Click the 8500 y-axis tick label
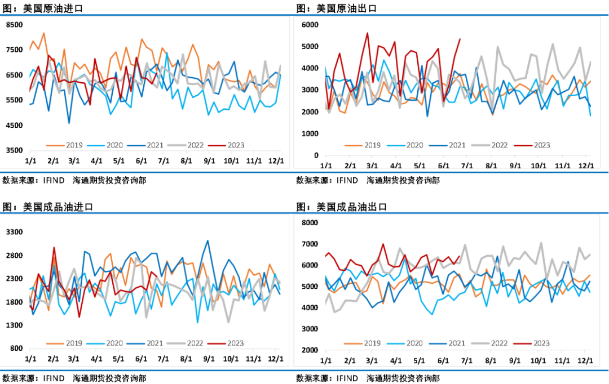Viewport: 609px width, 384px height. pyautogui.click(x=14, y=25)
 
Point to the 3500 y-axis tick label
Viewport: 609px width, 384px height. pyautogui.click(x=14, y=150)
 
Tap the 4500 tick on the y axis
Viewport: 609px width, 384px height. pyautogui.click(x=14, y=125)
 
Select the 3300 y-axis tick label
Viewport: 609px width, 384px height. pyautogui.click(x=14, y=232)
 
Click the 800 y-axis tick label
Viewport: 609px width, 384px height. pyautogui.click(x=16, y=348)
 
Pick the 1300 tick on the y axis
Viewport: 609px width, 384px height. pyautogui.click(x=14, y=325)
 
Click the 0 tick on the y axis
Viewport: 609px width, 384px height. pyautogui.click(x=317, y=155)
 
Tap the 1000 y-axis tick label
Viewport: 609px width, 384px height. pyautogui.click(x=311, y=133)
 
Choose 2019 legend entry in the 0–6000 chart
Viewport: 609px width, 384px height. pyautogui.click(x=371, y=145)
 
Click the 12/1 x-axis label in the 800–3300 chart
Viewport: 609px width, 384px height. pyautogui.click(x=275, y=359)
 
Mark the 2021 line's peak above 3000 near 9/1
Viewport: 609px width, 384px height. pyautogui.click(x=208, y=240)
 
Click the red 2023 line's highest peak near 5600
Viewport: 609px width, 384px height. pyautogui.click(x=368, y=33)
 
